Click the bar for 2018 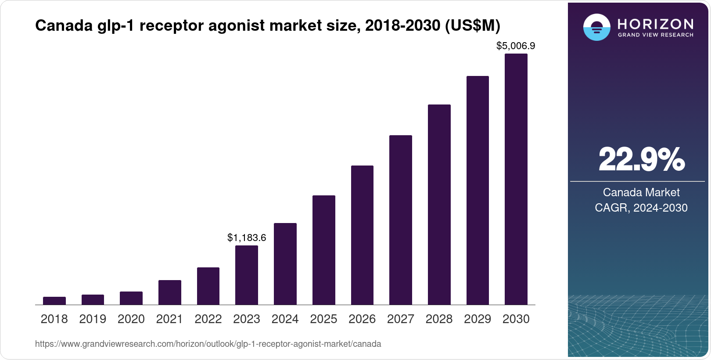(x=54, y=301)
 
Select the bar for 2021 (x=170, y=292)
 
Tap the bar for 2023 (x=247, y=275)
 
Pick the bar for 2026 (x=362, y=235)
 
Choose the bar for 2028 (x=439, y=205)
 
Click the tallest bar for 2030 (x=516, y=179)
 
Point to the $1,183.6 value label (x=247, y=238)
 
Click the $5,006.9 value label (x=516, y=46)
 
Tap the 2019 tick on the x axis (x=93, y=319)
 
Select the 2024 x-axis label (x=285, y=319)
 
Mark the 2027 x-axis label (x=400, y=319)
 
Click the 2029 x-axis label (x=478, y=319)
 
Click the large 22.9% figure (x=641, y=160)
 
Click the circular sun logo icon (x=596, y=27)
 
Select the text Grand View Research (x=655, y=35)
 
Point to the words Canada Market (x=641, y=192)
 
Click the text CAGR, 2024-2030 (x=641, y=208)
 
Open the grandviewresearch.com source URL (x=208, y=344)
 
